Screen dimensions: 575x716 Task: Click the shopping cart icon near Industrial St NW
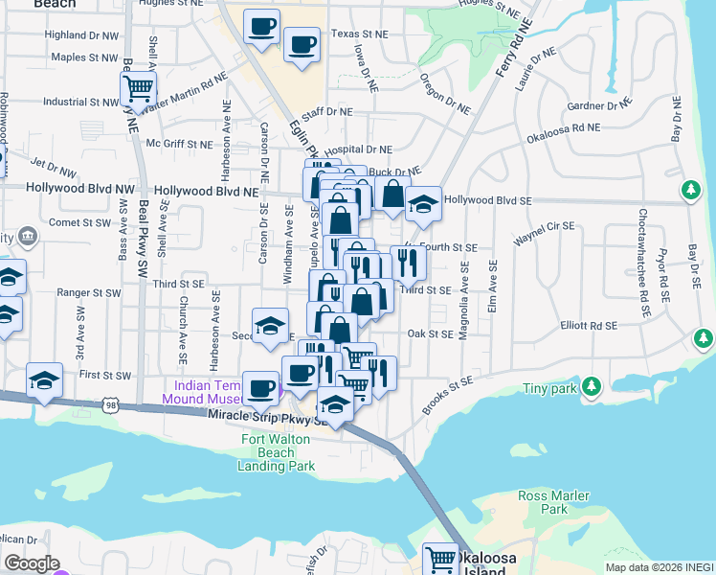[138, 90]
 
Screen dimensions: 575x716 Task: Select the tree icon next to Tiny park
[593, 386]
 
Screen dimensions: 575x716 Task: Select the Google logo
[32, 563]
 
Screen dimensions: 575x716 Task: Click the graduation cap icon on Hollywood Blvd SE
[422, 204]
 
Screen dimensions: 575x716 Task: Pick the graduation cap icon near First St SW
[44, 380]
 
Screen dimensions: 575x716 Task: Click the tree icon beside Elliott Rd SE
[704, 338]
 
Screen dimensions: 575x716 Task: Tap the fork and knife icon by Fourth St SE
[409, 262]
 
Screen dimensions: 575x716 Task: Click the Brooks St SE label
[447, 394]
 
